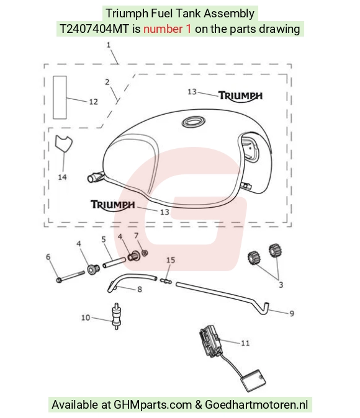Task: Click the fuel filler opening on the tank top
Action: pyautogui.click(x=194, y=122)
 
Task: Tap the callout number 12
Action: pyautogui.click(x=93, y=102)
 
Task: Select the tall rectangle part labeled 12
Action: pyautogui.click(x=60, y=97)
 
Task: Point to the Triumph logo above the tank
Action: pyautogui.click(x=240, y=96)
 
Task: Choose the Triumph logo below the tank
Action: pyautogui.click(x=112, y=205)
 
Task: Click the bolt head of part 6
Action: pyautogui.click(x=59, y=280)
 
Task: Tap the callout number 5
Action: pyautogui.click(x=104, y=239)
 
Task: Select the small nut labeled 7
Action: pyautogui.click(x=145, y=252)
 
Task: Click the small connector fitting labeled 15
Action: pyautogui.click(x=166, y=281)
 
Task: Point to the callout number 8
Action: pyautogui.click(x=140, y=290)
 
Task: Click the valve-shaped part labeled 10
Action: pyautogui.click(x=116, y=316)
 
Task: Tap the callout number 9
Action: pyautogui.click(x=292, y=314)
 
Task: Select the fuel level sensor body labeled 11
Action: pyautogui.click(x=211, y=341)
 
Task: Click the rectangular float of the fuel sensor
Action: pyautogui.click(x=253, y=380)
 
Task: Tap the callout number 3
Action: pyautogui.click(x=281, y=285)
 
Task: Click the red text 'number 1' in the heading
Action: pyautogui.click(x=168, y=29)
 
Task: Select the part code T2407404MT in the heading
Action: pyautogui.click(x=94, y=29)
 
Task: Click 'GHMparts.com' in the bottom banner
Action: pyautogui.click(x=153, y=405)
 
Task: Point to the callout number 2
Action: pyautogui.click(x=107, y=82)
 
